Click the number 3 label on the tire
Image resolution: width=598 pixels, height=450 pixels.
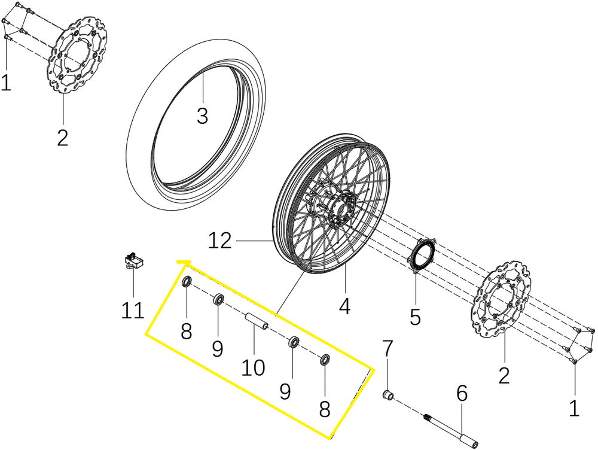(202, 116)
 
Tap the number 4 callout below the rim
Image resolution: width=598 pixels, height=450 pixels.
(344, 306)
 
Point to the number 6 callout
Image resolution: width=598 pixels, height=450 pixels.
(462, 394)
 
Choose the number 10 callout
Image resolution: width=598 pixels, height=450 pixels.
(253, 367)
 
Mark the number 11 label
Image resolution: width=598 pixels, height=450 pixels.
(132, 311)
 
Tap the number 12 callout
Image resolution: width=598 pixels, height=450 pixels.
(219, 241)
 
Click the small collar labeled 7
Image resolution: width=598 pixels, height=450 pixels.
(388, 394)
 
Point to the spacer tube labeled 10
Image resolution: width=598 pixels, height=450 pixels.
(256, 321)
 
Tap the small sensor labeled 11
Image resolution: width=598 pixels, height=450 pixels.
(133, 262)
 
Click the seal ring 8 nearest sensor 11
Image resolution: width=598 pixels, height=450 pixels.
(187, 281)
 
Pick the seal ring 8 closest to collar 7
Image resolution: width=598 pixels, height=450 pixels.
(325, 360)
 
